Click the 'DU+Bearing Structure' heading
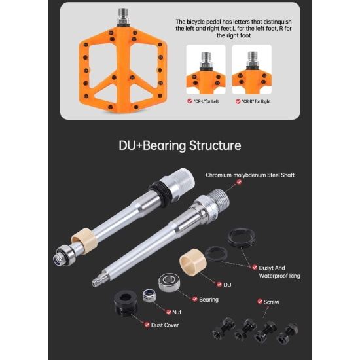180,145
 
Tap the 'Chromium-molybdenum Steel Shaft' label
250,175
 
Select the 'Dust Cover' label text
165,325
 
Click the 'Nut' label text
177,312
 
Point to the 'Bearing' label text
209,300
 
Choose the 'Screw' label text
272,302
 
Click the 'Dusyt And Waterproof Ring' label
279,272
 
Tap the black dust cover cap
126,302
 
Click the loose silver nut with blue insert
149,295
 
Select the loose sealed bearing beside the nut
170,282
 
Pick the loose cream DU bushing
193,262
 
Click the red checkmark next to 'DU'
219,285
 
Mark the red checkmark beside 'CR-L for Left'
190,101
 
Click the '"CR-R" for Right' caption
256,101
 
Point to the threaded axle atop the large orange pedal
124,16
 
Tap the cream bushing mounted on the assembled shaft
84,241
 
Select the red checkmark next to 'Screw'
260,302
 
